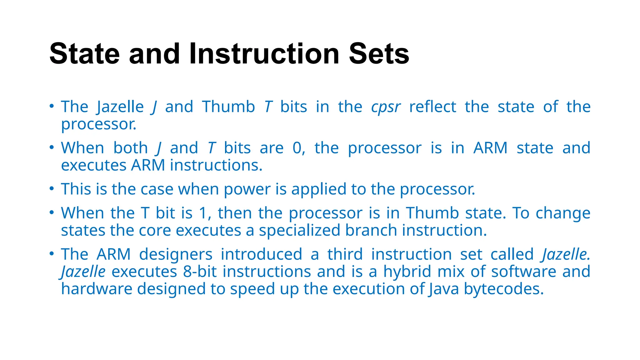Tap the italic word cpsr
tap(386, 107)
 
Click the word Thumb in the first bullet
tap(228, 107)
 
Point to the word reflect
tap(432, 107)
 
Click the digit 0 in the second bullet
tap(297, 148)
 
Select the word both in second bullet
tap(130, 148)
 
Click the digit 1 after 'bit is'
tap(203, 213)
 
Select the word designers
tap(176, 254)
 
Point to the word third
tap(345, 254)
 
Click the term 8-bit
tap(200, 272)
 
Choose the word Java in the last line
tap(443, 289)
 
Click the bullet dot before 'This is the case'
tap(52, 188)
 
